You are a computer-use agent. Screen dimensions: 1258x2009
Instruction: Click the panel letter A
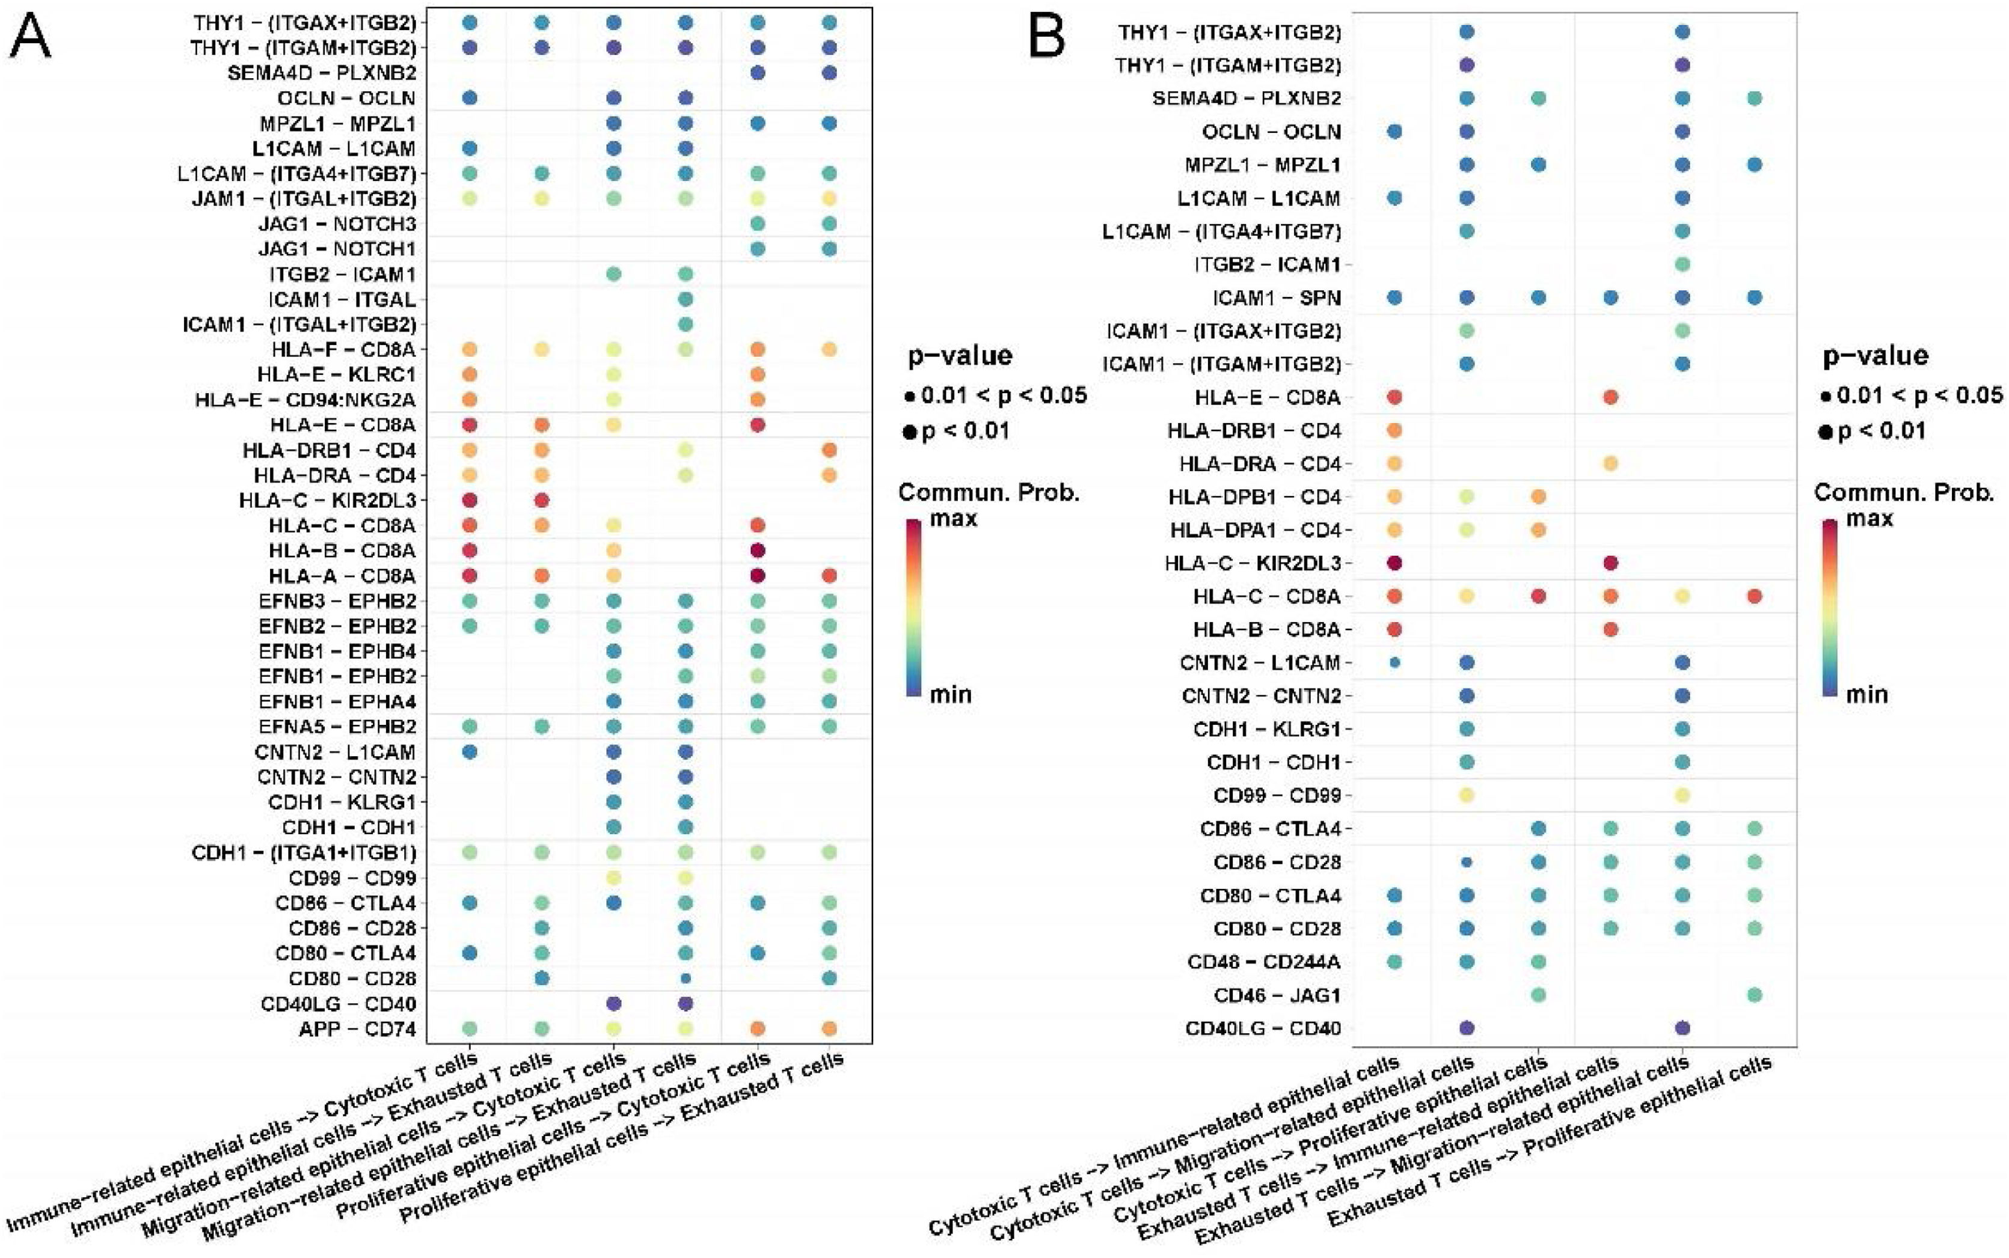[30, 37]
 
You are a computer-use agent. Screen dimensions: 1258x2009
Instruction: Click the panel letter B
[1047, 37]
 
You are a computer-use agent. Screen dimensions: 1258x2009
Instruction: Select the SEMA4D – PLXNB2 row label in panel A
[322, 73]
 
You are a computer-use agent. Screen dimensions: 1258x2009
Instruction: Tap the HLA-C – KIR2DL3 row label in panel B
[1253, 563]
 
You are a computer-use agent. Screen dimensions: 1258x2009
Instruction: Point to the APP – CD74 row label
[357, 1029]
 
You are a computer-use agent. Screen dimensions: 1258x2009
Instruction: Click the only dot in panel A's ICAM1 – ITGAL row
[686, 299]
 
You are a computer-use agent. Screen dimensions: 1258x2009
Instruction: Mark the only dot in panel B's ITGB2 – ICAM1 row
[1682, 264]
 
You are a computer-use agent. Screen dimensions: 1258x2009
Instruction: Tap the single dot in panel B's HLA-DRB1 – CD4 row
[1395, 431]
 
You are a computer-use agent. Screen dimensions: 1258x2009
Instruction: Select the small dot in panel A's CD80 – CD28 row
[686, 979]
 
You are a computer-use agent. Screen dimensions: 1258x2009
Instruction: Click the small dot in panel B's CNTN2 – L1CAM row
[1395, 663]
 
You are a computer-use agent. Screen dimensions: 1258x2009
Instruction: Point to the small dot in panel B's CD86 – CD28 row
[1467, 863]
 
